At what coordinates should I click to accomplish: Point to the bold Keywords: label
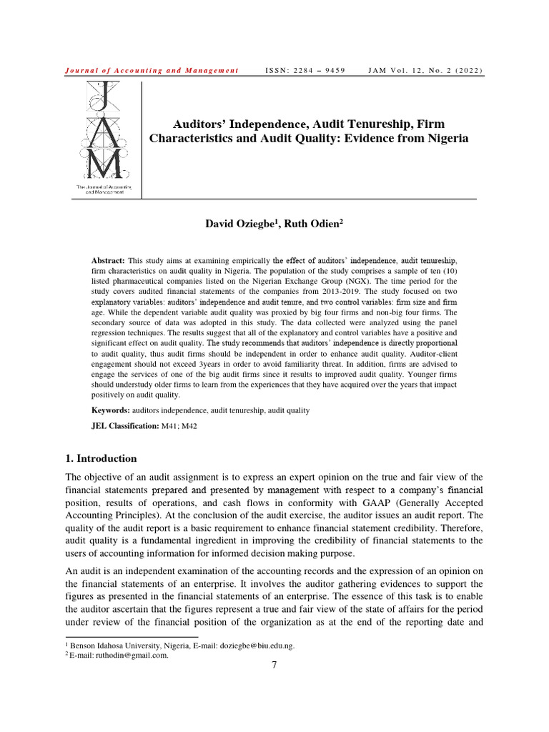coord(111,410)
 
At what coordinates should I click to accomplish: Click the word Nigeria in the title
coord(443,139)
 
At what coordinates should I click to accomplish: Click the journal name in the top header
coord(152,70)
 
